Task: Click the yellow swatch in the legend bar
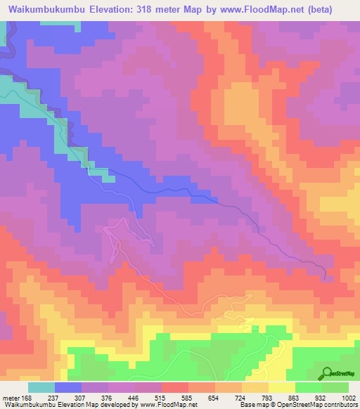coord(281,388)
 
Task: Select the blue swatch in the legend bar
coord(68,388)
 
